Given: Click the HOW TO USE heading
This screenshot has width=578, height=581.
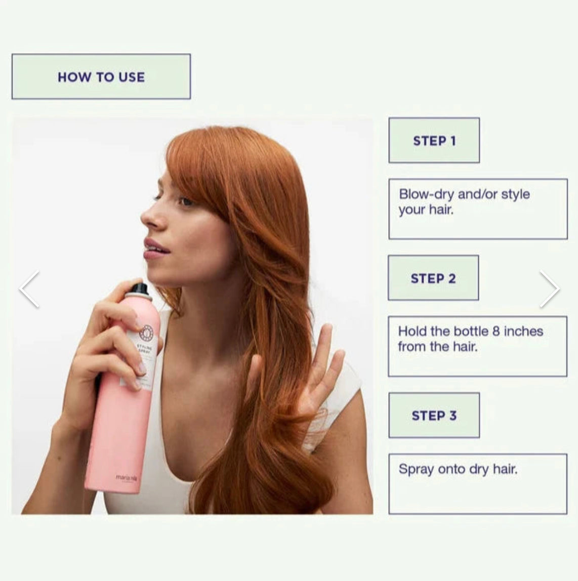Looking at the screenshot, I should (x=101, y=77).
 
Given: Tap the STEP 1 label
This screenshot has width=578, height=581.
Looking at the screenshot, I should (x=434, y=141).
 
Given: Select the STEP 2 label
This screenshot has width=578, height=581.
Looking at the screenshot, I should (x=433, y=278).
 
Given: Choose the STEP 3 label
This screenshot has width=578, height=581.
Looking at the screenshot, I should (x=434, y=416).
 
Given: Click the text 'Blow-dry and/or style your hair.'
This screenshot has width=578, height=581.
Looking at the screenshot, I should (x=464, y=201).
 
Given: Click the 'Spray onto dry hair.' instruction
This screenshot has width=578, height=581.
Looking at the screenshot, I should (x=458, y=469).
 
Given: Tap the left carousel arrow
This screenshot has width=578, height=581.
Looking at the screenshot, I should (x=29, y=289).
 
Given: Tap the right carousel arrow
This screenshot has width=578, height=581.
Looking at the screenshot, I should (x=549, y=289).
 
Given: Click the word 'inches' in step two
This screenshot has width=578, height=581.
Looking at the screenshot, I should (x=523, y=331).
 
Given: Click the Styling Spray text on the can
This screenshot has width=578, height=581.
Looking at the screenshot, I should (x=143, y=349).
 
